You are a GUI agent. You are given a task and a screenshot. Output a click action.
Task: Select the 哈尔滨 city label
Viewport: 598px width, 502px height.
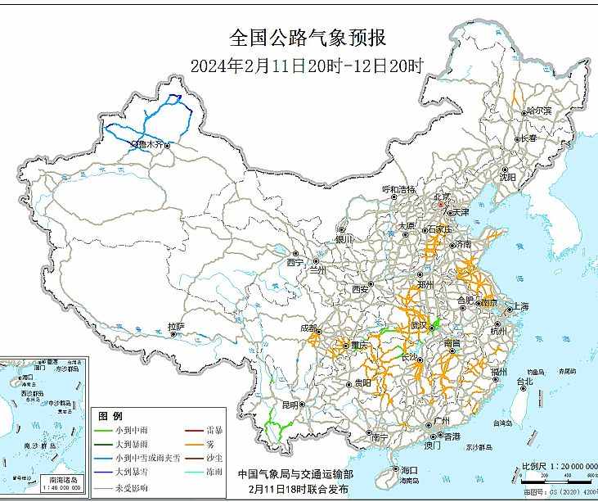pyautogui.click(x=539, y=110)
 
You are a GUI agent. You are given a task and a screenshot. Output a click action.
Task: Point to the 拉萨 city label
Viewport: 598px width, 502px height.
pyautogui.click(x=176, y=327)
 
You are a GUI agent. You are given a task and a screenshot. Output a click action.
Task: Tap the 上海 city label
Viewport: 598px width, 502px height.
pyautogui.click(x=520, y=306)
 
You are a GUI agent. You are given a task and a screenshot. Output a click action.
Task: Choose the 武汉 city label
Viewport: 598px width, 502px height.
pyautogui.click(x=419, y=326)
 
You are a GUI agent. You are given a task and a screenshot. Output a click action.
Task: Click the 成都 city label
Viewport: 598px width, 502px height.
pyautogui.click(x=309, y=328)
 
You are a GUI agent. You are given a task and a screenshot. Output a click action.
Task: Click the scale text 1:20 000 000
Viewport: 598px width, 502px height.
pyautogui.click(x=564, y=465)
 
